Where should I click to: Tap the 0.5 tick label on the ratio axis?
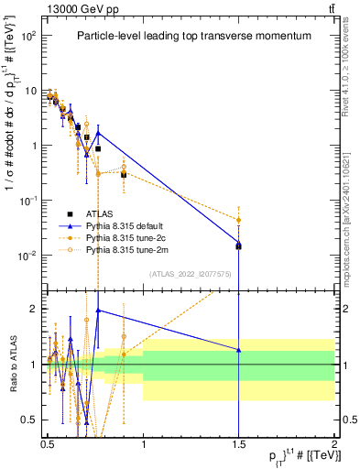(29, 420)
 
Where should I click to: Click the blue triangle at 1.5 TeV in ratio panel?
(238, 350)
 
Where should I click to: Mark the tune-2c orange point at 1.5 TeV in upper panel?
(238, 220)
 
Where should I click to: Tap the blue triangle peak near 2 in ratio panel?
(98, 311)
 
